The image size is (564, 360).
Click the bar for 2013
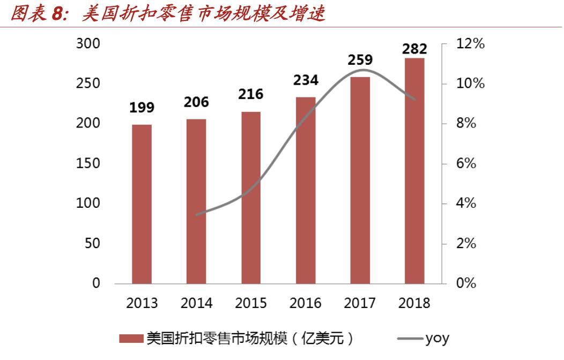click(142, 204)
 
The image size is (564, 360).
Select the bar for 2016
click(306, 190)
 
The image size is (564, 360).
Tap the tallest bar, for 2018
click(414, 171)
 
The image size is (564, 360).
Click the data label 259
click(360, 60)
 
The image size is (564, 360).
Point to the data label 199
click(142, 108)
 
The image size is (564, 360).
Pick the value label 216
click(251, 94)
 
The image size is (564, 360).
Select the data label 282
click(414, 49)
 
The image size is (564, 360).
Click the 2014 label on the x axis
click(196, 303)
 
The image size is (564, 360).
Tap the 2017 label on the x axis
click(360, 303)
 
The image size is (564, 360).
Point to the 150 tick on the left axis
click(88, 163)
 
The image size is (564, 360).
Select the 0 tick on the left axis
click(96, 283)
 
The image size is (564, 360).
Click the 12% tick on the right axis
click(470, 44)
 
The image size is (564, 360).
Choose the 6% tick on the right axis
click(466, 163)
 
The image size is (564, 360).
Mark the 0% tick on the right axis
click(466, 283)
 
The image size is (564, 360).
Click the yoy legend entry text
click(437, 339)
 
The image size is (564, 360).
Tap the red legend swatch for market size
click(131, 339)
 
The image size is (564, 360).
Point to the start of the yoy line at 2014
click(196, 214)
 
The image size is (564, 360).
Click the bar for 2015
click(251, 198)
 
